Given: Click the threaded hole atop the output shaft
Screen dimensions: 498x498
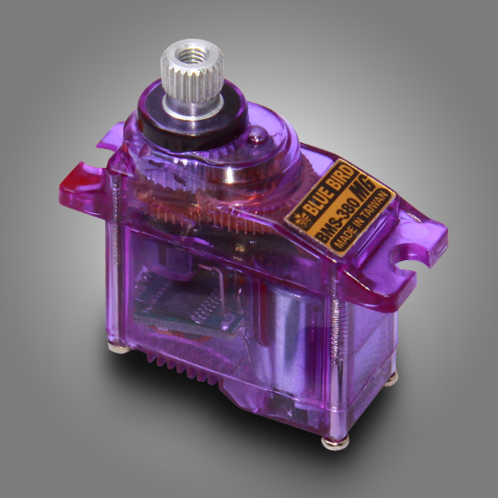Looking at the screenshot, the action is [190, 54].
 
